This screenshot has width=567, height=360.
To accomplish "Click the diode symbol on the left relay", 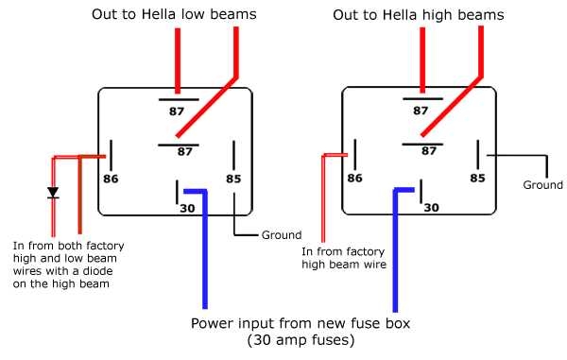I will tap(53, 193).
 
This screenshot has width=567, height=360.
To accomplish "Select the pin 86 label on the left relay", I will tap(111, 177).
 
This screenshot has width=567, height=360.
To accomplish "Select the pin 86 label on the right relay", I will tap(354, 177).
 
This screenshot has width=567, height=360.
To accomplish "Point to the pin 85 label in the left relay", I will tap(233, 178).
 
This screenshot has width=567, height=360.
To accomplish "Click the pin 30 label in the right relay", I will tap(432, 206).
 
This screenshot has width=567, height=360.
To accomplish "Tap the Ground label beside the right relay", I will tap(542, 185).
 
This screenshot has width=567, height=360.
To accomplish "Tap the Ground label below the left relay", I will tap(281, 235).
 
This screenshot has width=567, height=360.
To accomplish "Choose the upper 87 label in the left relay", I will tap(177, 111).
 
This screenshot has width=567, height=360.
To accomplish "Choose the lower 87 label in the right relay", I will tap(429, 150).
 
